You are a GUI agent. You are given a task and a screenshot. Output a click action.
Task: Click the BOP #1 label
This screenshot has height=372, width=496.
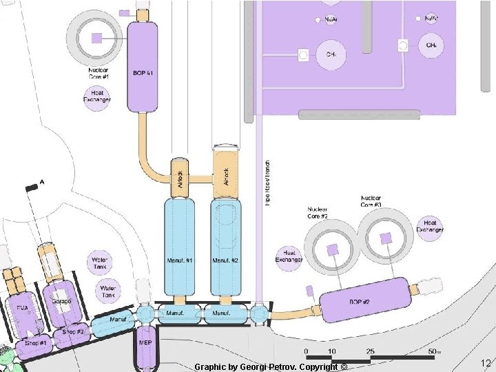coord(143,72)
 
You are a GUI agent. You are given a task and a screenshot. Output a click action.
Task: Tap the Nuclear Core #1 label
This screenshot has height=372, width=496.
coord(99,72)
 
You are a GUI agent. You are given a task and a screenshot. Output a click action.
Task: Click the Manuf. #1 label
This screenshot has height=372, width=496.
coord(179,260)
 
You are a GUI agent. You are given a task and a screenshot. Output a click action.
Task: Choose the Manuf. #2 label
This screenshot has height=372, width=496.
coord(225,260)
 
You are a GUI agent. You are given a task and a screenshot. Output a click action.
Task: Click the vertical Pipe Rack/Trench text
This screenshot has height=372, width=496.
coord(267,183)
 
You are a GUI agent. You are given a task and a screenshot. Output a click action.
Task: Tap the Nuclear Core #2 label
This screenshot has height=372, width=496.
coord(318,212)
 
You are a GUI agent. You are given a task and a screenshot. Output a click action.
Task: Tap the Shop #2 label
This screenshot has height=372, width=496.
coord(73,332)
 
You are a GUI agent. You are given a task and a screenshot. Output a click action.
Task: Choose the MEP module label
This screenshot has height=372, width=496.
coord(145,342)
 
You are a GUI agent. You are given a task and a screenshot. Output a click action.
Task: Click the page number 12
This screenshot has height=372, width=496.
coord(485,364)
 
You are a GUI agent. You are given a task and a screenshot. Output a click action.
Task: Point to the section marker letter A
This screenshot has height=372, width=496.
coord(42,183)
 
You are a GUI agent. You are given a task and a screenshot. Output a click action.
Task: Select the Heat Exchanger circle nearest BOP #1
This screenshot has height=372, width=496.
coord(97,97)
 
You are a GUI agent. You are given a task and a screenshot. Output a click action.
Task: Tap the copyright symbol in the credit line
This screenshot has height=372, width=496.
coord(344,366)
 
